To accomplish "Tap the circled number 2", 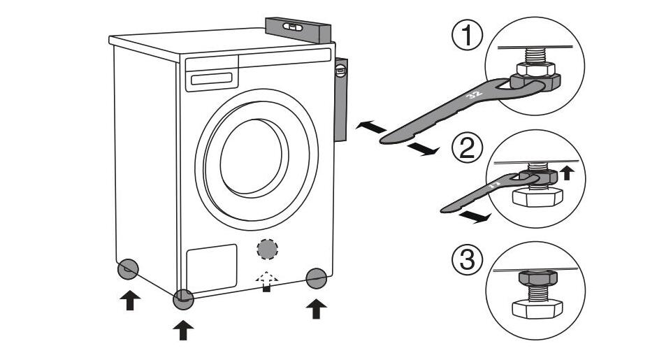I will (466, 149).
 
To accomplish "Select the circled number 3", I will (466, 261).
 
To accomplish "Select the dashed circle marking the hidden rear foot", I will (266, 250).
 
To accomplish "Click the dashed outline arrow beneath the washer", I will (266, 280).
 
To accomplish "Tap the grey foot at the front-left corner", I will (184, 298).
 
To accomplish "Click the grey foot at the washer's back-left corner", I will (128, 268).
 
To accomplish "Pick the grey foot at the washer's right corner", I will (316, 278).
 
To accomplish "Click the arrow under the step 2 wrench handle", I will (475, 218).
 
